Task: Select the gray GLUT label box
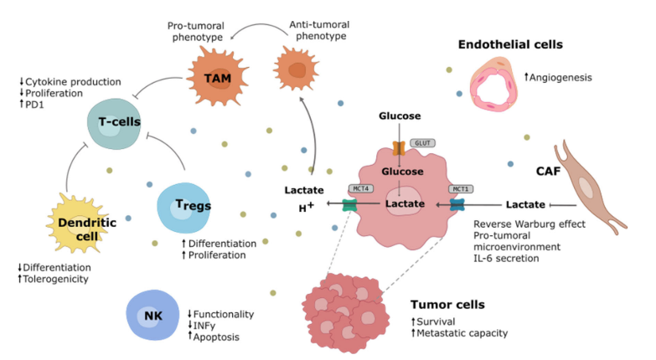point(421,144)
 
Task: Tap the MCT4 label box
point(359,188)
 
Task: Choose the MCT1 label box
point(460,188)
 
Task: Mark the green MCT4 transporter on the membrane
point(349,204)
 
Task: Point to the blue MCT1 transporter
point(457,204)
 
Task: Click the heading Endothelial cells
point(510,44)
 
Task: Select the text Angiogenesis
point(561,78)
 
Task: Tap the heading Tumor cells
point(447,304)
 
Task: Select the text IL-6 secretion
point(506,259)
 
